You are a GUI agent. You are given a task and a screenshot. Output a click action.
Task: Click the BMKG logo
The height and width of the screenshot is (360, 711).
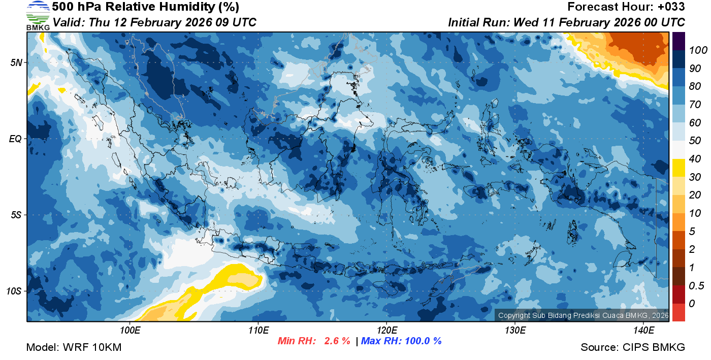(x=38, y=16)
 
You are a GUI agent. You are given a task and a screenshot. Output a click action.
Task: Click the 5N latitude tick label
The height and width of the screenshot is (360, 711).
(x=15, y=62)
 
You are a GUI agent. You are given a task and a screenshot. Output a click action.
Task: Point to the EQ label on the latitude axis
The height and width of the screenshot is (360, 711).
(x=15, y=139)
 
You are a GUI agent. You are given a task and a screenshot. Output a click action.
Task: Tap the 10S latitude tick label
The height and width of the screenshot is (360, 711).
(x=14, y=291)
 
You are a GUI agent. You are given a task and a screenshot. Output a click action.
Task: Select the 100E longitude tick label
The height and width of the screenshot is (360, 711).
(x=130, y=331)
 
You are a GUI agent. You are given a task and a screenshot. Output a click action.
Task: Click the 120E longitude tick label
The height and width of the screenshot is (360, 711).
(x=386, y=331)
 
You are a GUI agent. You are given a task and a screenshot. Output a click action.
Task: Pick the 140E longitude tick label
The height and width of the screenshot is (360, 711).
(x=643, y=331)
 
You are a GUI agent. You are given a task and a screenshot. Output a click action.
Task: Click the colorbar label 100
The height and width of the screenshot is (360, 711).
(x=695, y=50)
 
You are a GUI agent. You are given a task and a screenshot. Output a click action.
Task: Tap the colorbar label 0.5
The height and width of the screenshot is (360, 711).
(x=695, y=285)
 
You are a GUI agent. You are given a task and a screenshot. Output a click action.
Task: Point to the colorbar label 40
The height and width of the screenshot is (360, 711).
(x=694, y=159)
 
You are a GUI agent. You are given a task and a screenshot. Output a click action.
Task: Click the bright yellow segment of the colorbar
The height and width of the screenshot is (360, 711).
(x=678, y=168)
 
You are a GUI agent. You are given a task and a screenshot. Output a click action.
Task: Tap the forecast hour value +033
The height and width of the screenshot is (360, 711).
(x=671, y=7)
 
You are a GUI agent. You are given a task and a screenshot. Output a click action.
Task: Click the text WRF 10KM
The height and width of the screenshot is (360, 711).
(x=92, y=347)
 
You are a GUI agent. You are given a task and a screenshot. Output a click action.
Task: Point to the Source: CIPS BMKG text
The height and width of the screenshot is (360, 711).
(x=633, y=347)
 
